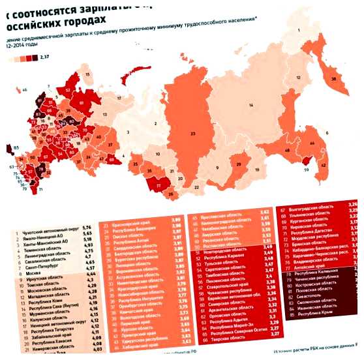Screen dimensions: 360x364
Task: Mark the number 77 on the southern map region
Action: coord(160,186)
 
